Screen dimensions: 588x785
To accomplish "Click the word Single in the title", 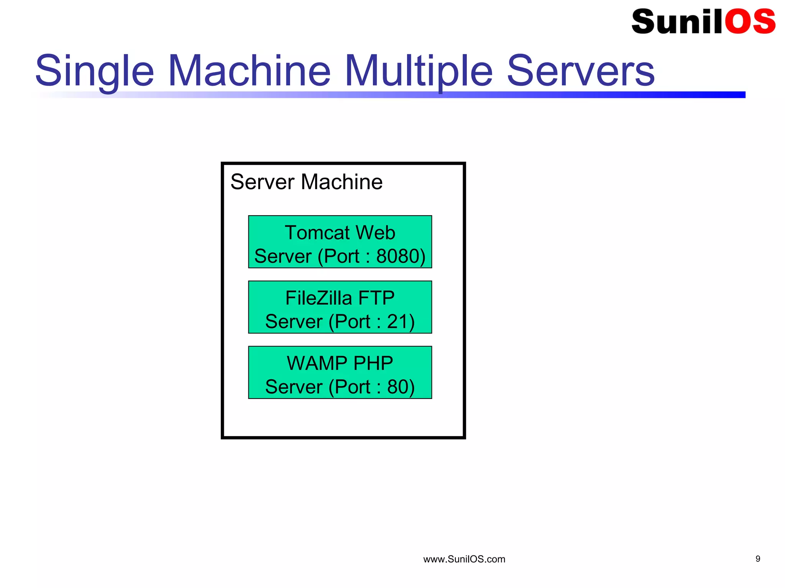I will pos(95,71).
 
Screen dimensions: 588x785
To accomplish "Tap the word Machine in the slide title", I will pos(249,71).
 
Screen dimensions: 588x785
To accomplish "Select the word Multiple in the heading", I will pos(419,71).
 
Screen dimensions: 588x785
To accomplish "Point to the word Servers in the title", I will pos(580,71).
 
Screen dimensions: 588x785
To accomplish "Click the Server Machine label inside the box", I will pos(306,182).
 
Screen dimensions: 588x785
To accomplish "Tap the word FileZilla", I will pos(319,298).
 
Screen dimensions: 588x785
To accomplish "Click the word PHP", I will pos(373,363).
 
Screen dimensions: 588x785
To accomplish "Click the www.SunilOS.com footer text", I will pos(464,559).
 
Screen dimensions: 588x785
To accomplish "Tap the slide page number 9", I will pos(758,559).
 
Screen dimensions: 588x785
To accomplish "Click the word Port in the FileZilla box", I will pos(352,322).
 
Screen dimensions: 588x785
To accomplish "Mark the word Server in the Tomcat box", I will pos(282,256).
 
